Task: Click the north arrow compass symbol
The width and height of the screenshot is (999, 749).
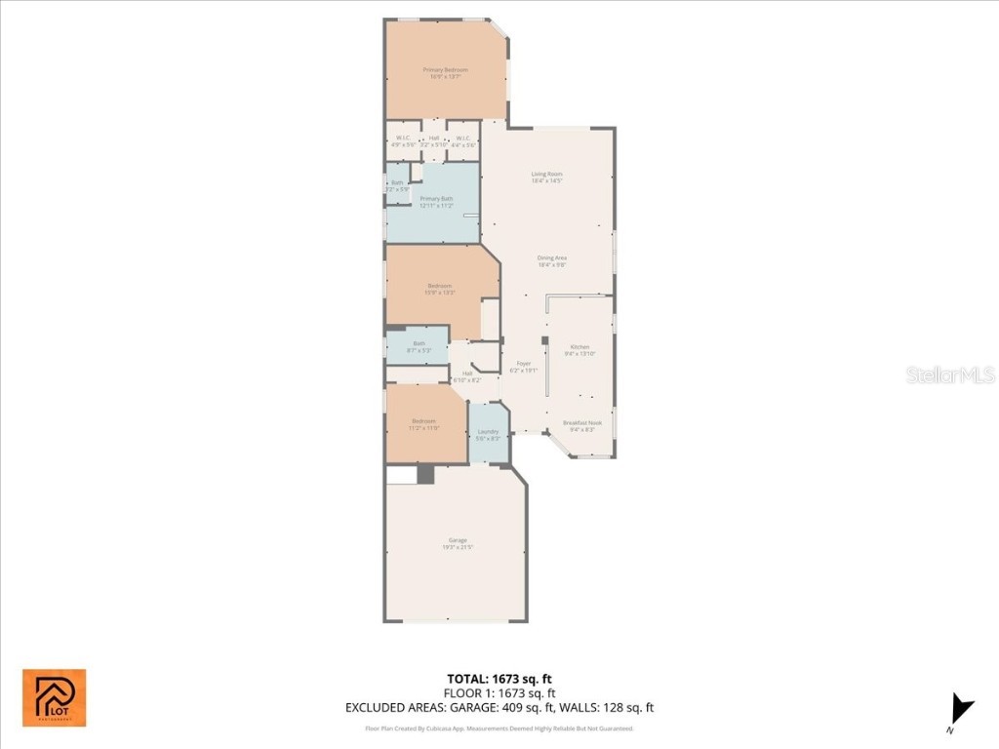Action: [x=962, y=710]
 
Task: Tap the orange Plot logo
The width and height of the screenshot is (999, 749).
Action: [x=55, y=697]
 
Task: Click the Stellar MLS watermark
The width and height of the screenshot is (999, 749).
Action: [x=949, y=374]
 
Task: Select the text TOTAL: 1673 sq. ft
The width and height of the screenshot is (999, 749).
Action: [x=499, y=679]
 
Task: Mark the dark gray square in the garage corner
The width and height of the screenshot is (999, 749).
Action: [x=425, y=474]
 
